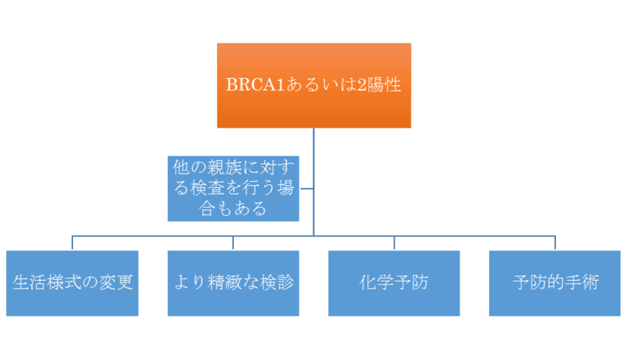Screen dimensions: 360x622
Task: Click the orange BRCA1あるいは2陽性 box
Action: click(313, 85)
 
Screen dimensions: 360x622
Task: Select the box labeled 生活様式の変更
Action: click(72, 283)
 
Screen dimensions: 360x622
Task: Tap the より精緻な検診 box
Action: click(233, 283)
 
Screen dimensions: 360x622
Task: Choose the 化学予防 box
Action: click(394, 283)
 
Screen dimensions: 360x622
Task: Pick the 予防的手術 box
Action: click(555, 283)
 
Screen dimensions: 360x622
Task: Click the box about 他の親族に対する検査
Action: click(233, 187)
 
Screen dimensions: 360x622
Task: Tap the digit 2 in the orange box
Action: click(362, 85)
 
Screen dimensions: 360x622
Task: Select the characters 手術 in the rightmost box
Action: click(582, 282)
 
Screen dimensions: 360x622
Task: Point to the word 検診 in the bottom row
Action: click(276, 282)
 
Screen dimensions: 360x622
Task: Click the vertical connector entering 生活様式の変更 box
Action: click(72, 242)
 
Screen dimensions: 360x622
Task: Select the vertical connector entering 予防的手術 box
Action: click(555, 242)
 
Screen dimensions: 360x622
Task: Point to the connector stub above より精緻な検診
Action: click(233, 242)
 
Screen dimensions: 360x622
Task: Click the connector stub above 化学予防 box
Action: click(394, 242)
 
